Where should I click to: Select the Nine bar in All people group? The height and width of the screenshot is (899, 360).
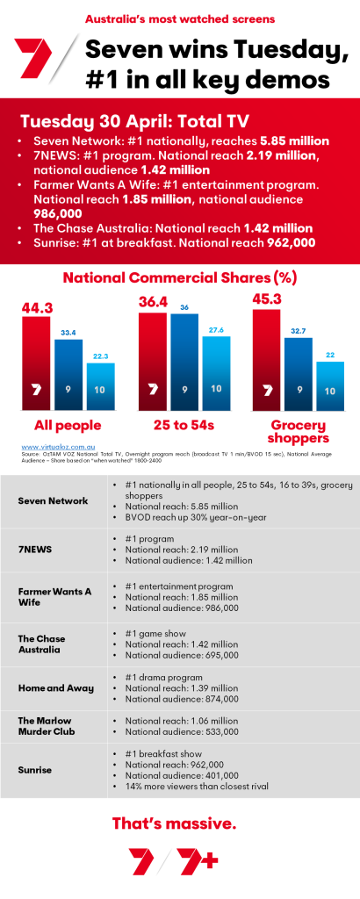coord(68,372)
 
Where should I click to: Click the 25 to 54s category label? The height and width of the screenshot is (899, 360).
coord(183,426)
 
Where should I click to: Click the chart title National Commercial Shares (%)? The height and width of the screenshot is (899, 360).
coord(179,278)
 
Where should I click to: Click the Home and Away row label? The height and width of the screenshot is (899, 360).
coord(56,687)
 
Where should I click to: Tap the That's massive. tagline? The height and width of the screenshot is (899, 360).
coord(179,823)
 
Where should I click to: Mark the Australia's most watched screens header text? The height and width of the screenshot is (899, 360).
coord(179,18)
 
